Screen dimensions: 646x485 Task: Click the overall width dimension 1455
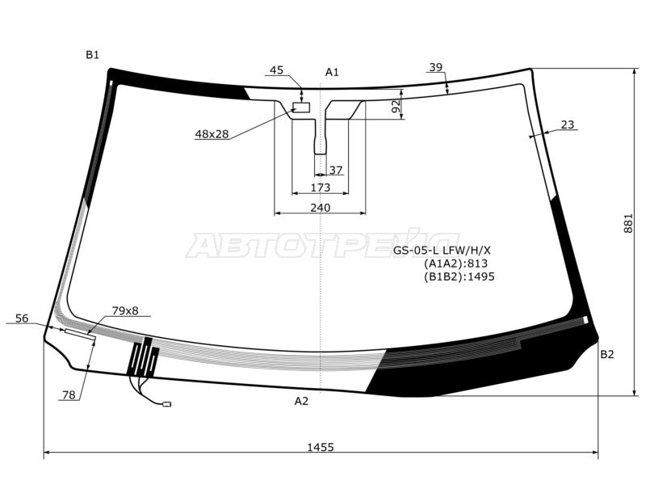pyautogui.click(x=320, y=447)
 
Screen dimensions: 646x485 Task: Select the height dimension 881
pyautogui.click(x=628, y=223)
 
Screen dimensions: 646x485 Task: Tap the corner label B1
pyautogui.click(x=92, y=55)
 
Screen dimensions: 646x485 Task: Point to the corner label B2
pyautogui.click(x=607, y=354)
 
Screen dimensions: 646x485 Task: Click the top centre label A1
pyautogui.click(x=332, y=72)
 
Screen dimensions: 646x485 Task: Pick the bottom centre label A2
pyautogui.click(x=301, y=401)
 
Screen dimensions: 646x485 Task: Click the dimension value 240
pyautogui.click(x=320, y=208)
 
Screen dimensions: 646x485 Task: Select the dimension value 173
pyautogui.click(x=320, y=188)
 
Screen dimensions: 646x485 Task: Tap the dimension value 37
pyautogui.click(x=336, y=170)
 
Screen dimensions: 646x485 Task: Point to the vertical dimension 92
pyautogui.click(x=396, y=107)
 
